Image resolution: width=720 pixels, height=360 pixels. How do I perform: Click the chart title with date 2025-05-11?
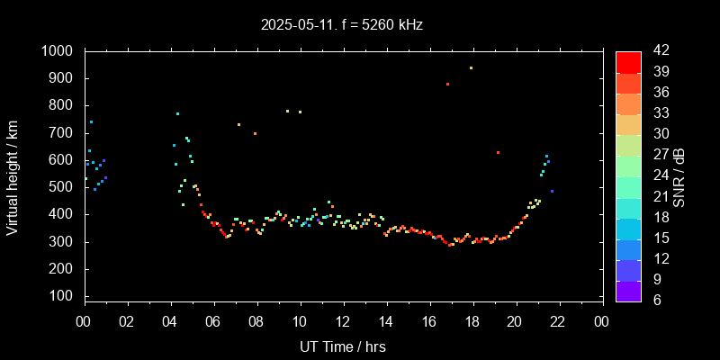tap(342, 24)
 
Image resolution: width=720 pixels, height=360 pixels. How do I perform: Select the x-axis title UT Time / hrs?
tap(343, 346)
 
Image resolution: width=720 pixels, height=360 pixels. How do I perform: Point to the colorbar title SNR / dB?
tap(679, 175)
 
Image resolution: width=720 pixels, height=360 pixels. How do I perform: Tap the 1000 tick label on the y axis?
tap(59, 51)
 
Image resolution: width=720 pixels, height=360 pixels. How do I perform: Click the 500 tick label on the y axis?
tap(63, 187)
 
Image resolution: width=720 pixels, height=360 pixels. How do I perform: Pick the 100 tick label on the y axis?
tap(63, 296)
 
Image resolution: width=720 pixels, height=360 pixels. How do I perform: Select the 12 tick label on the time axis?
tap(343, 321)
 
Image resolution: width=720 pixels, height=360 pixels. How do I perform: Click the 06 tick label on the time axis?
tap(213, 321)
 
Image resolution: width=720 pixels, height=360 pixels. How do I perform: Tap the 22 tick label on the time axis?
tap(558, 321)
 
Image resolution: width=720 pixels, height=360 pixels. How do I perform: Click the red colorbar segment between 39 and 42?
tap(628, 61)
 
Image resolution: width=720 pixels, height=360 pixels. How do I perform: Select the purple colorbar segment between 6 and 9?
tap(628, 290)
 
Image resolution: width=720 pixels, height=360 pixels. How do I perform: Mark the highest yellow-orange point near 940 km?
tap(471, 67)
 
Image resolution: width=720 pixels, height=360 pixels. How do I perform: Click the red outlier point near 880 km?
tap(447, 84)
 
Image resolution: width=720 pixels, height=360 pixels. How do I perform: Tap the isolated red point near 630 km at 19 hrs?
tap(498, 152)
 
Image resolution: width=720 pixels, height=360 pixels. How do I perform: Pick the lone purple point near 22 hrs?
tap(552, 192)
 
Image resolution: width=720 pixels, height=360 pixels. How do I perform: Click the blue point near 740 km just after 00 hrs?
tap(91, 122)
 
